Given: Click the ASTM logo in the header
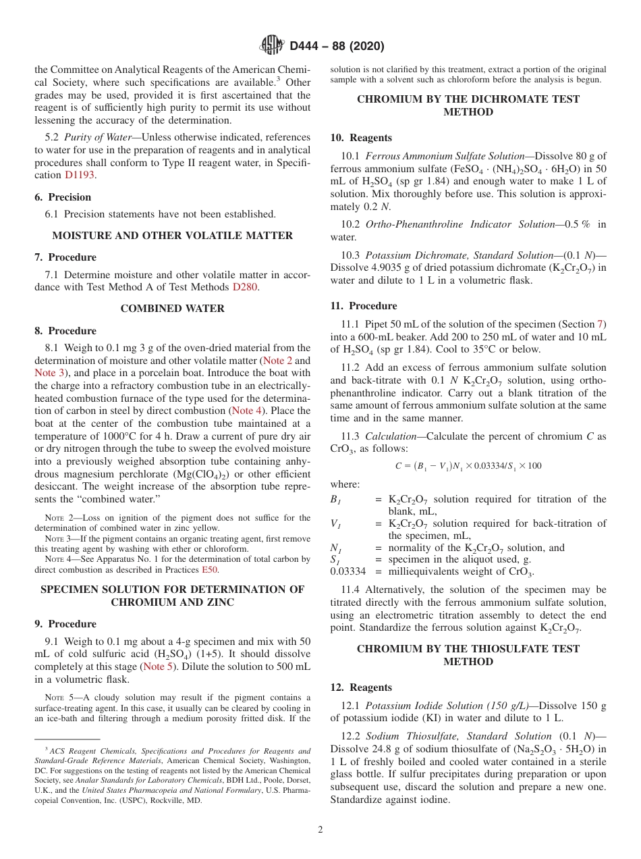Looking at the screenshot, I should (x=272, y=46).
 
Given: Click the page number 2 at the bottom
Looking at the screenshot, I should (x=320, y=829).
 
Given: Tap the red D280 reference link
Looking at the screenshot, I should (x=245, y=286).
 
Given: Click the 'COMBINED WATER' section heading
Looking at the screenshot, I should (x=173, y=309).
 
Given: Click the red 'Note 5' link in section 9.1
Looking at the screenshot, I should (x=158, y=667).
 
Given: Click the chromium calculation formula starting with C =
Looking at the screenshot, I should (x=468, y=466).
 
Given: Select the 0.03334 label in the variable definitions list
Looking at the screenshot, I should (x=347, y=572).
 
